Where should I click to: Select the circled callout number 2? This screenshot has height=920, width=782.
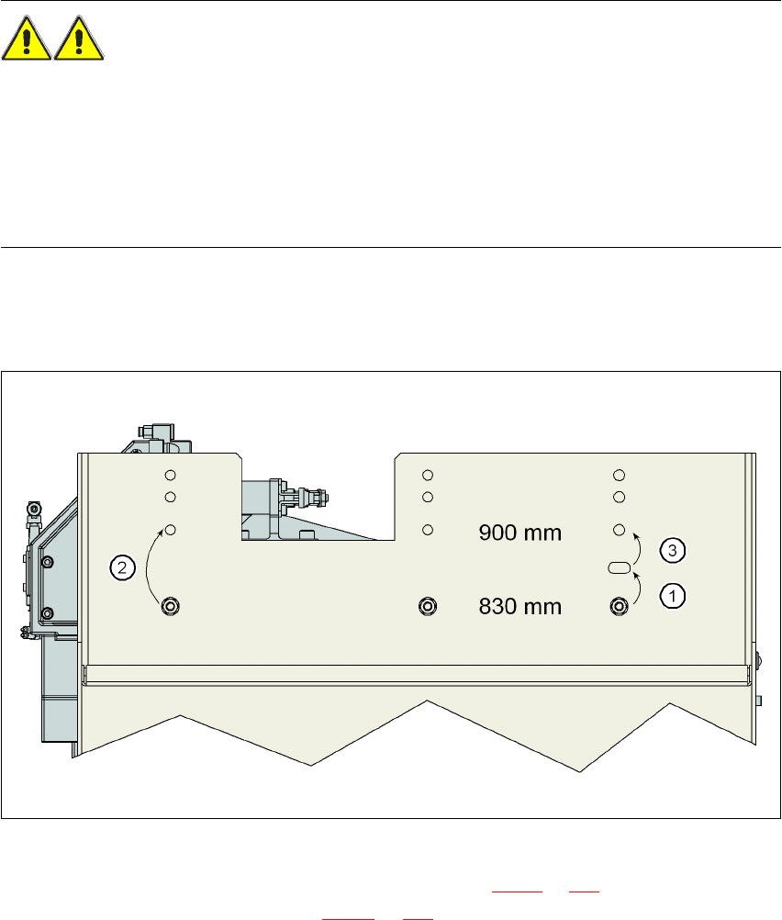(x=121, y=567)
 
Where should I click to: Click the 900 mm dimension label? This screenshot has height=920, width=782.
(x=520, y=533)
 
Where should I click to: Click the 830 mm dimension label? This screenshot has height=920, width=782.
(x=520, y=606)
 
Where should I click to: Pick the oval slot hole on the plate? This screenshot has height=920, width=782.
(x=620, y=568)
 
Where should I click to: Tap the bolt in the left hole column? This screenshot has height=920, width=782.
(x=171, y=605)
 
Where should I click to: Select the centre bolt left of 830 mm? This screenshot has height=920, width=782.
(x=427, y=605)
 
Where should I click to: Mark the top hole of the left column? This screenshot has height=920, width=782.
(x=170, y=475)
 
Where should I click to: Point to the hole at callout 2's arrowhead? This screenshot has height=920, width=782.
(x=170, y=531)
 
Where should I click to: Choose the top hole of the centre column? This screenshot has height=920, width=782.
(x=427, y=475)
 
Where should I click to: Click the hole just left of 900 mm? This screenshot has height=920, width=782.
(x=427, y=531)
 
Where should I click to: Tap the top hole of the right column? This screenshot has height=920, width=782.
(x=620, y=475)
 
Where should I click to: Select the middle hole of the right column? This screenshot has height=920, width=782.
(x=620, y=497)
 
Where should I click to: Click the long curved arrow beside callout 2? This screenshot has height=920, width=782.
(x=150, y=562)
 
